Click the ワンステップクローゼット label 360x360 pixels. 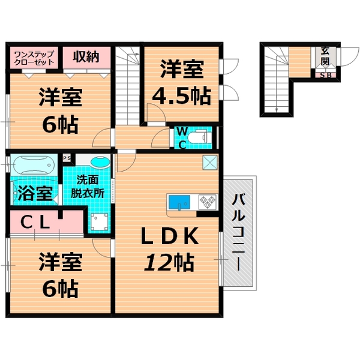[34, 58]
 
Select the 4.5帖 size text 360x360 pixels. [181, 95]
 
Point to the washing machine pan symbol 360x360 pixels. [99, 223]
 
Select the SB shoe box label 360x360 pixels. [325, 75]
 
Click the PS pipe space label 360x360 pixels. [68, 158]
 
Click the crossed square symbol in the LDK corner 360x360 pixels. [209, 161]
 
